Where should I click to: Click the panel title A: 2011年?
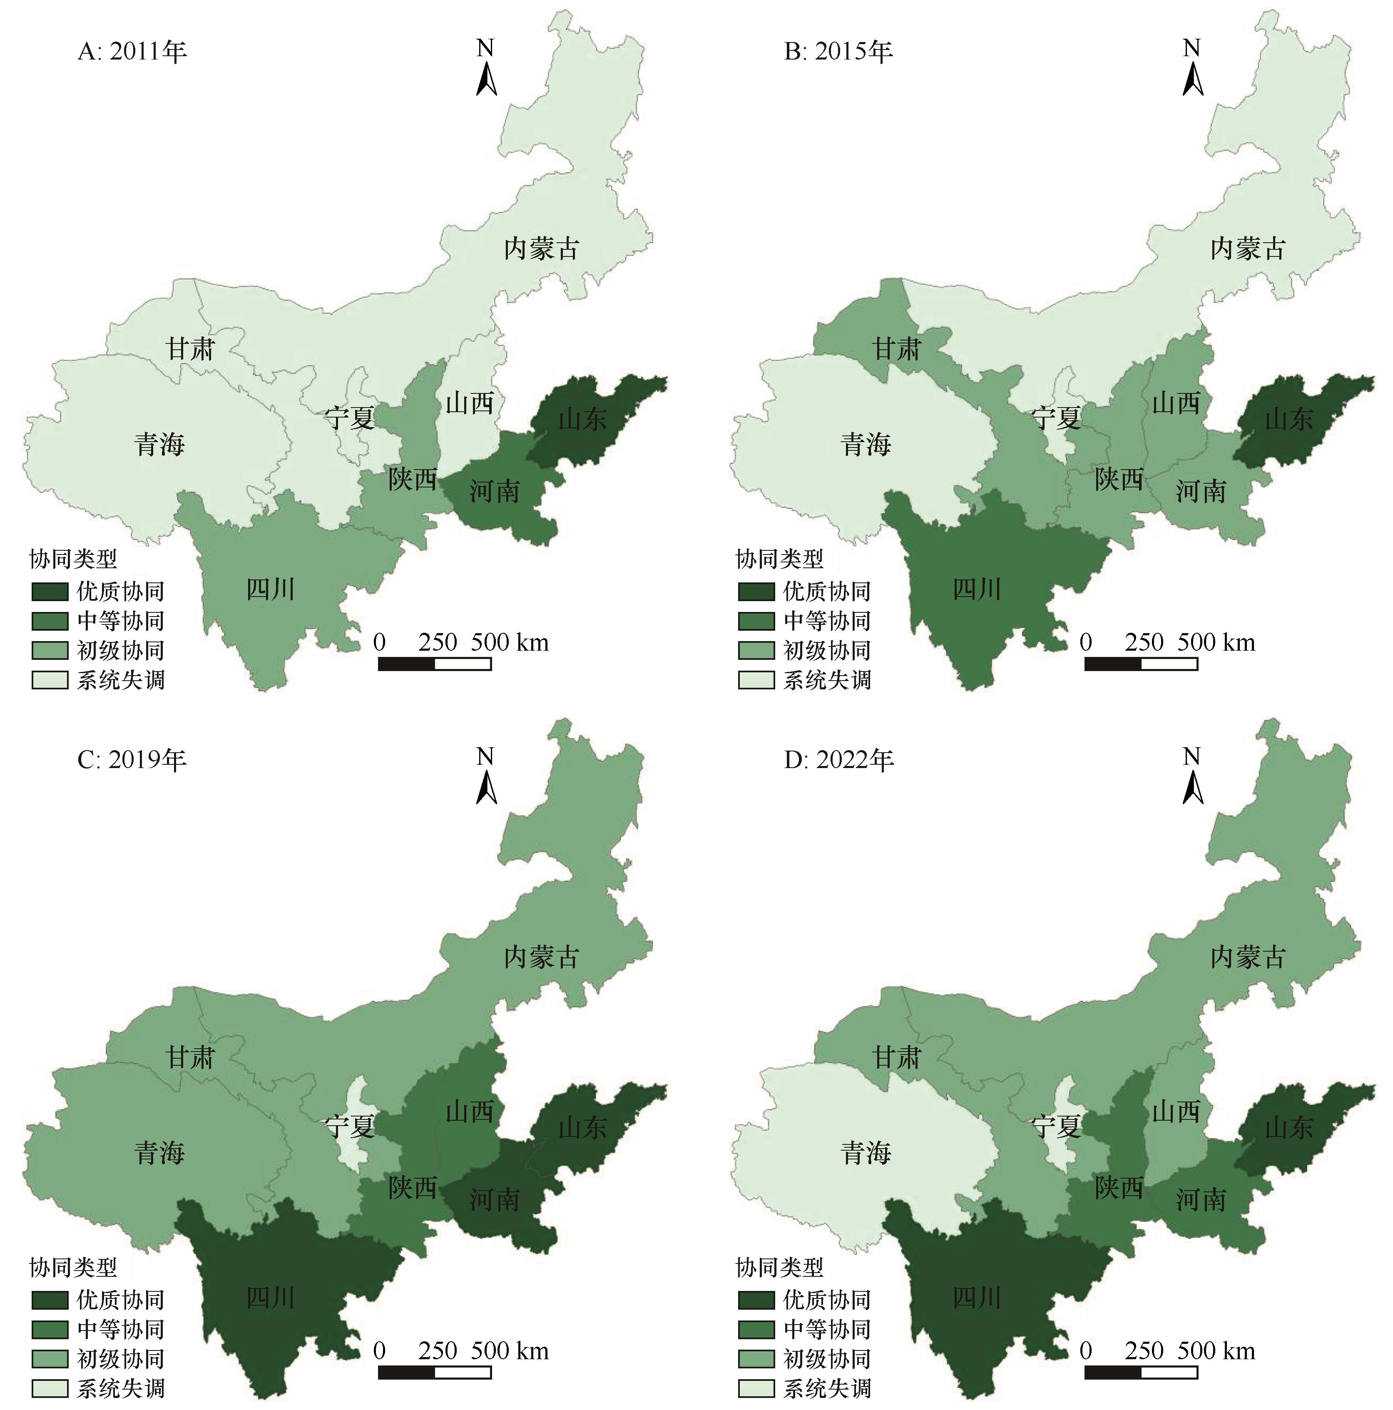132,52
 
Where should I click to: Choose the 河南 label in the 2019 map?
494,1199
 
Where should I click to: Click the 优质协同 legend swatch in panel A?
50,591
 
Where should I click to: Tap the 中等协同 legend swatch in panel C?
50,1329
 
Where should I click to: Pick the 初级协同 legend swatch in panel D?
756,1359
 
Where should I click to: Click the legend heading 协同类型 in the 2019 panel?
73,1268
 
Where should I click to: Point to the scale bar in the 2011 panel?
434,664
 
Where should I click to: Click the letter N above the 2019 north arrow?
485,756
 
